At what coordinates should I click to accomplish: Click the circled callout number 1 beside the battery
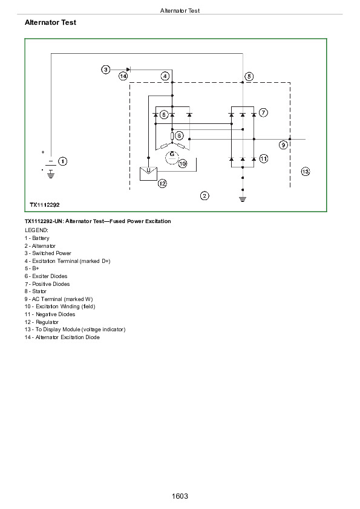pos(62,161)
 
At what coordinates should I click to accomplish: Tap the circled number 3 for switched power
pos(106,70)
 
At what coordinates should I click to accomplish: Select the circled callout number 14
pos(123,76)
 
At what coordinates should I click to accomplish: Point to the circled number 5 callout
pos(249,76)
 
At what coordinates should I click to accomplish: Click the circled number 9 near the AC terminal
pos(283,144)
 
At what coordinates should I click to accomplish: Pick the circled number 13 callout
pos(306,172)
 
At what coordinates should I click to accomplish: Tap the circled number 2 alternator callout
pos(205,196)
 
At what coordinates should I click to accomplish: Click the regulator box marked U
pos(148,173)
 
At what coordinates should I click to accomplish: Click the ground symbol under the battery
pos(51,174)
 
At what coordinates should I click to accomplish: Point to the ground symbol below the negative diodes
pos(243,199)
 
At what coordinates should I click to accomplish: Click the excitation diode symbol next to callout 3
pos(128,70)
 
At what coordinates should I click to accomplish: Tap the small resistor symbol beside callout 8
pos(172,135)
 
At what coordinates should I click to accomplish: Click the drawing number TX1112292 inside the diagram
pos(45,205)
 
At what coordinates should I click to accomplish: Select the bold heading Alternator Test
pos(50,22)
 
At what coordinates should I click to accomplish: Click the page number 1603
pos(180,496)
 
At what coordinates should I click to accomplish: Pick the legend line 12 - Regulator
pos(42,322)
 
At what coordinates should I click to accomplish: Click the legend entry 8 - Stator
pos(36,291)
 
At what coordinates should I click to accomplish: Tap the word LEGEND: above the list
pos(36,230)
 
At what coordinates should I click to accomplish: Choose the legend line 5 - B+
pos(32,268)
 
